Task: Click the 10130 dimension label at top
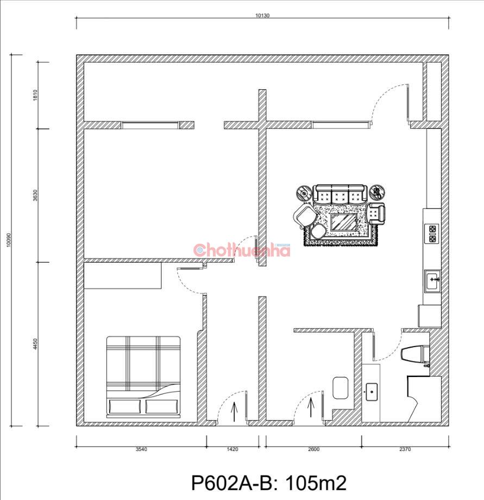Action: [x=262, y=15]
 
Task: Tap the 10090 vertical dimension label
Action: [x=9, y=239]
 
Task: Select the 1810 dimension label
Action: [x=35, y=95]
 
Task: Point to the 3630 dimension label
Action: [x=35, y=195]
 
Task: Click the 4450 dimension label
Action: [x=35, y=344]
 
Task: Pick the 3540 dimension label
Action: [x=141, y=449]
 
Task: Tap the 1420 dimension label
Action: [x=232, y=449]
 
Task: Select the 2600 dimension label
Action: [x=313, y=449]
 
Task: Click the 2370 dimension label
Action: [x=405, y=449]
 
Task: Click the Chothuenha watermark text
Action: [x=242, y=250]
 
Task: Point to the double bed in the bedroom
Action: [x=143, y=377]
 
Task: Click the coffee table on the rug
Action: [x=343, y=222]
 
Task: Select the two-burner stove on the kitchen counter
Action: [x=432, y=234]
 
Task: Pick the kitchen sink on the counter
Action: [x=432, y=281]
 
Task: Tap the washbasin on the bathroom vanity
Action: [x=371, y=392]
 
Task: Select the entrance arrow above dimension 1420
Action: [x=234, y=412]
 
